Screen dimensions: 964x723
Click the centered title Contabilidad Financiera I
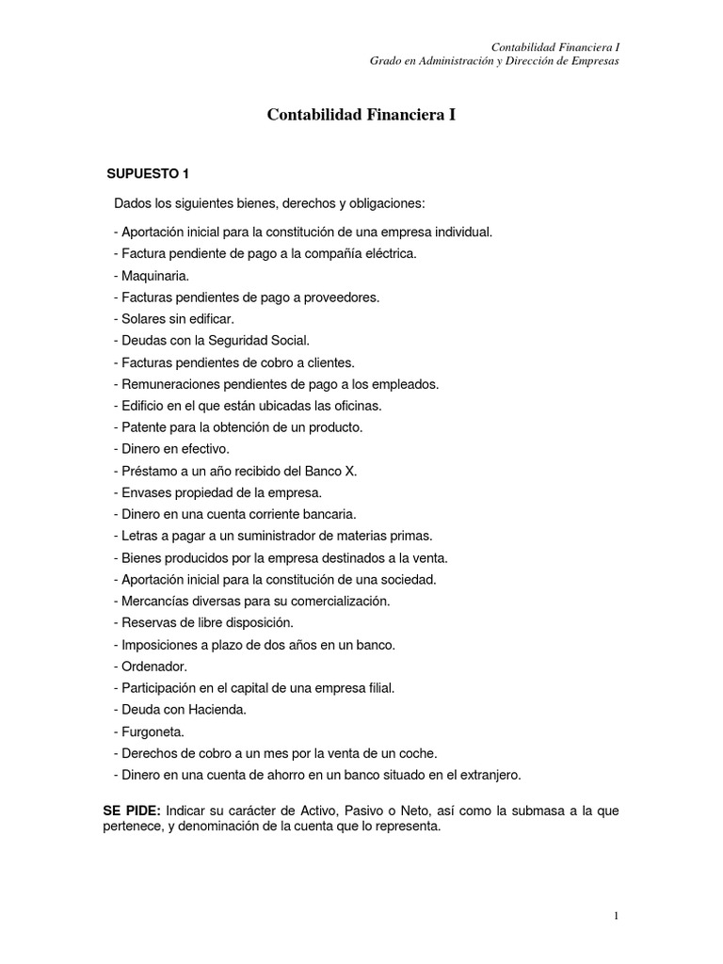pos(361,115)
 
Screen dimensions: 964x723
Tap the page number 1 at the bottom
pos(615,915)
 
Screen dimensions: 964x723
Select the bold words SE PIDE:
pos(133,810)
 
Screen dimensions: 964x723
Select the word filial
pos(377,688)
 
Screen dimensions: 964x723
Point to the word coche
pos(419,753)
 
